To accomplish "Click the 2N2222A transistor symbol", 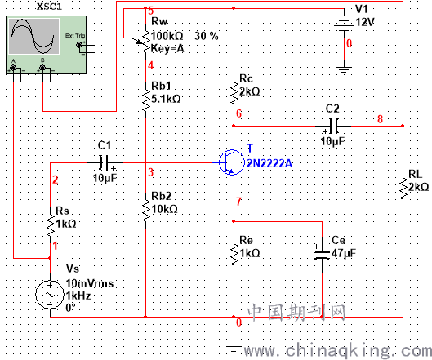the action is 232,162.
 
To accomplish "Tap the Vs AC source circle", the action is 50,295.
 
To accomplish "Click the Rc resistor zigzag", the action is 234,89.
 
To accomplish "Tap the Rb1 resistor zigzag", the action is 145,97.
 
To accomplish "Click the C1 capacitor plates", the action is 105,162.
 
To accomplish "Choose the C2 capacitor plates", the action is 333,126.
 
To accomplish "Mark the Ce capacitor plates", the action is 322,255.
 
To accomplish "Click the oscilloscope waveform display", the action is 34,36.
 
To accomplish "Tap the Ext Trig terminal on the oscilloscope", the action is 80,45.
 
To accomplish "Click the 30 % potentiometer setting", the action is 207,36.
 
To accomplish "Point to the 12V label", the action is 365,22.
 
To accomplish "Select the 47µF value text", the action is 344,253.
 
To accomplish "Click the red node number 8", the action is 380,119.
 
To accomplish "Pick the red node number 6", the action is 239,113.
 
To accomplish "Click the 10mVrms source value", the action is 90,283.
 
